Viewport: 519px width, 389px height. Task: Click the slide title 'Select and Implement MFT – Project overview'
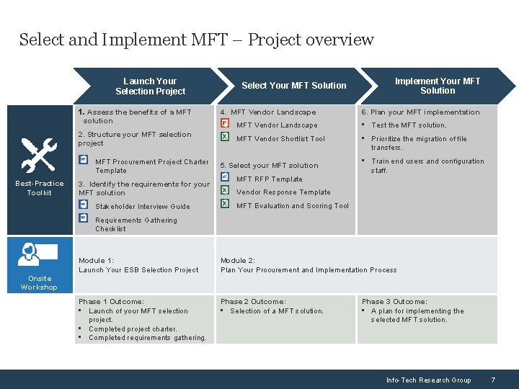pyautogui.click(x=196, y=40)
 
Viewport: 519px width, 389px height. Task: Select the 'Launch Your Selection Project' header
pyautogui.click(x=150, y=86)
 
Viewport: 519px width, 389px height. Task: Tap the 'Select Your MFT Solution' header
pyautogui.click(x=293, y=86)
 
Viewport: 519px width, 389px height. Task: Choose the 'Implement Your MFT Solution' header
pyautogui.click(x=437, y=86)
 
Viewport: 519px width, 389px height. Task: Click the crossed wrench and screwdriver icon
pyautogui.click(x=38, y=155)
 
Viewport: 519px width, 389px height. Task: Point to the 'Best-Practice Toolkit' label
pyautogui.click(x=39, y=188)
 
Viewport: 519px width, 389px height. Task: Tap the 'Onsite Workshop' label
pyautogui.click(x=39, y=283)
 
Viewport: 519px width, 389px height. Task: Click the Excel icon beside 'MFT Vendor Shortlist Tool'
pyautogui.click(x=225, y=138)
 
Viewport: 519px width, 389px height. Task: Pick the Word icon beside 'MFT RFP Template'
pyautogui.click(x=225, y=177)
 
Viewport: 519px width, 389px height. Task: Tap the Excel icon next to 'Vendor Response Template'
pyautogui.click(x=225, y=191)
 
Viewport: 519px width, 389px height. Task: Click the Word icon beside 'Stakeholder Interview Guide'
pyautogui.click(x=84, y=205)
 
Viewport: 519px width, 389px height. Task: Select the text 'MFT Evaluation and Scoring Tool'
pyautogui.click(x=292, y=206)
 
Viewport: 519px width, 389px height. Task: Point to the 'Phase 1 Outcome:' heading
pyautogui.click(x=111, y=302)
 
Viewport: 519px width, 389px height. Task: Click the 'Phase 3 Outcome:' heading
pyautogui.click(x=394, y=302)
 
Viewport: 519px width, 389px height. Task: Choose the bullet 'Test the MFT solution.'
pyautogui.click(x=409, y=125)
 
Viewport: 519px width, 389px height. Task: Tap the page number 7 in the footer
pyautogui.click(x=492, y=380)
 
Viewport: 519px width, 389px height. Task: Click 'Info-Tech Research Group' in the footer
pyautogui.click(x=428, y=380)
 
